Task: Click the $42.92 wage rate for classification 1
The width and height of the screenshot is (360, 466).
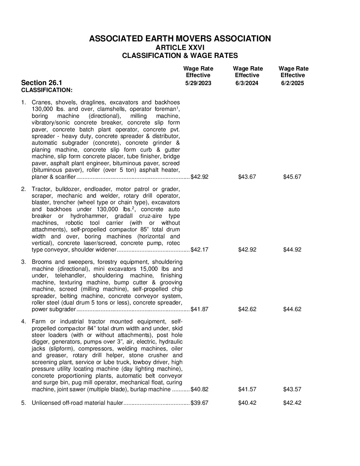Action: (200, 177)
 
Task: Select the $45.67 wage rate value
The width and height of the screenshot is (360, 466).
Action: (292, 177)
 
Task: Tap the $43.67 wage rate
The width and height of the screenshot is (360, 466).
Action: (247, 177)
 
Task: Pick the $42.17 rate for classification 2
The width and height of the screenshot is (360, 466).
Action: (200, 250)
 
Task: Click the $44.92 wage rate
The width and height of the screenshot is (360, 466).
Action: (292, 250)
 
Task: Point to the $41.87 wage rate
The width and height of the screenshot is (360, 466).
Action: (200, 309)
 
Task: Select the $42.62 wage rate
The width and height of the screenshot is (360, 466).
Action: (247, 309)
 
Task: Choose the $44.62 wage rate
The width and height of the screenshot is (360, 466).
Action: (292, 309)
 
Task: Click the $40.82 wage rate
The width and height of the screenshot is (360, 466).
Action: (200, 389)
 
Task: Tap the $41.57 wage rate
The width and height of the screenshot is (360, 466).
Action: (247, 389)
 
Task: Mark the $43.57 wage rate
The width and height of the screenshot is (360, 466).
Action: (292, 389)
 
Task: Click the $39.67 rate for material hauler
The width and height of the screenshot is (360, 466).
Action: (200, 403)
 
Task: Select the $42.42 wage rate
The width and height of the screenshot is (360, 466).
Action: (292, 403)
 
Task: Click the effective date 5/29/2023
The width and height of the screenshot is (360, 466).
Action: (198, 83)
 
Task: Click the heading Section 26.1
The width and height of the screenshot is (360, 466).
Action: (41, 83)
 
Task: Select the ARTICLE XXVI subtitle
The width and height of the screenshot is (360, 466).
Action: (180, 47)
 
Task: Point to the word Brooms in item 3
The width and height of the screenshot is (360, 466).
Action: (41, 262)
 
